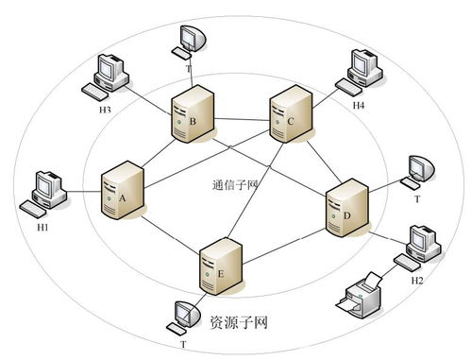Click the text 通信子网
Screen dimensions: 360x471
point(235,184)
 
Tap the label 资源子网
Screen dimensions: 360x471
point(238,323)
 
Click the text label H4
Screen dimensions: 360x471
point(359,105)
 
